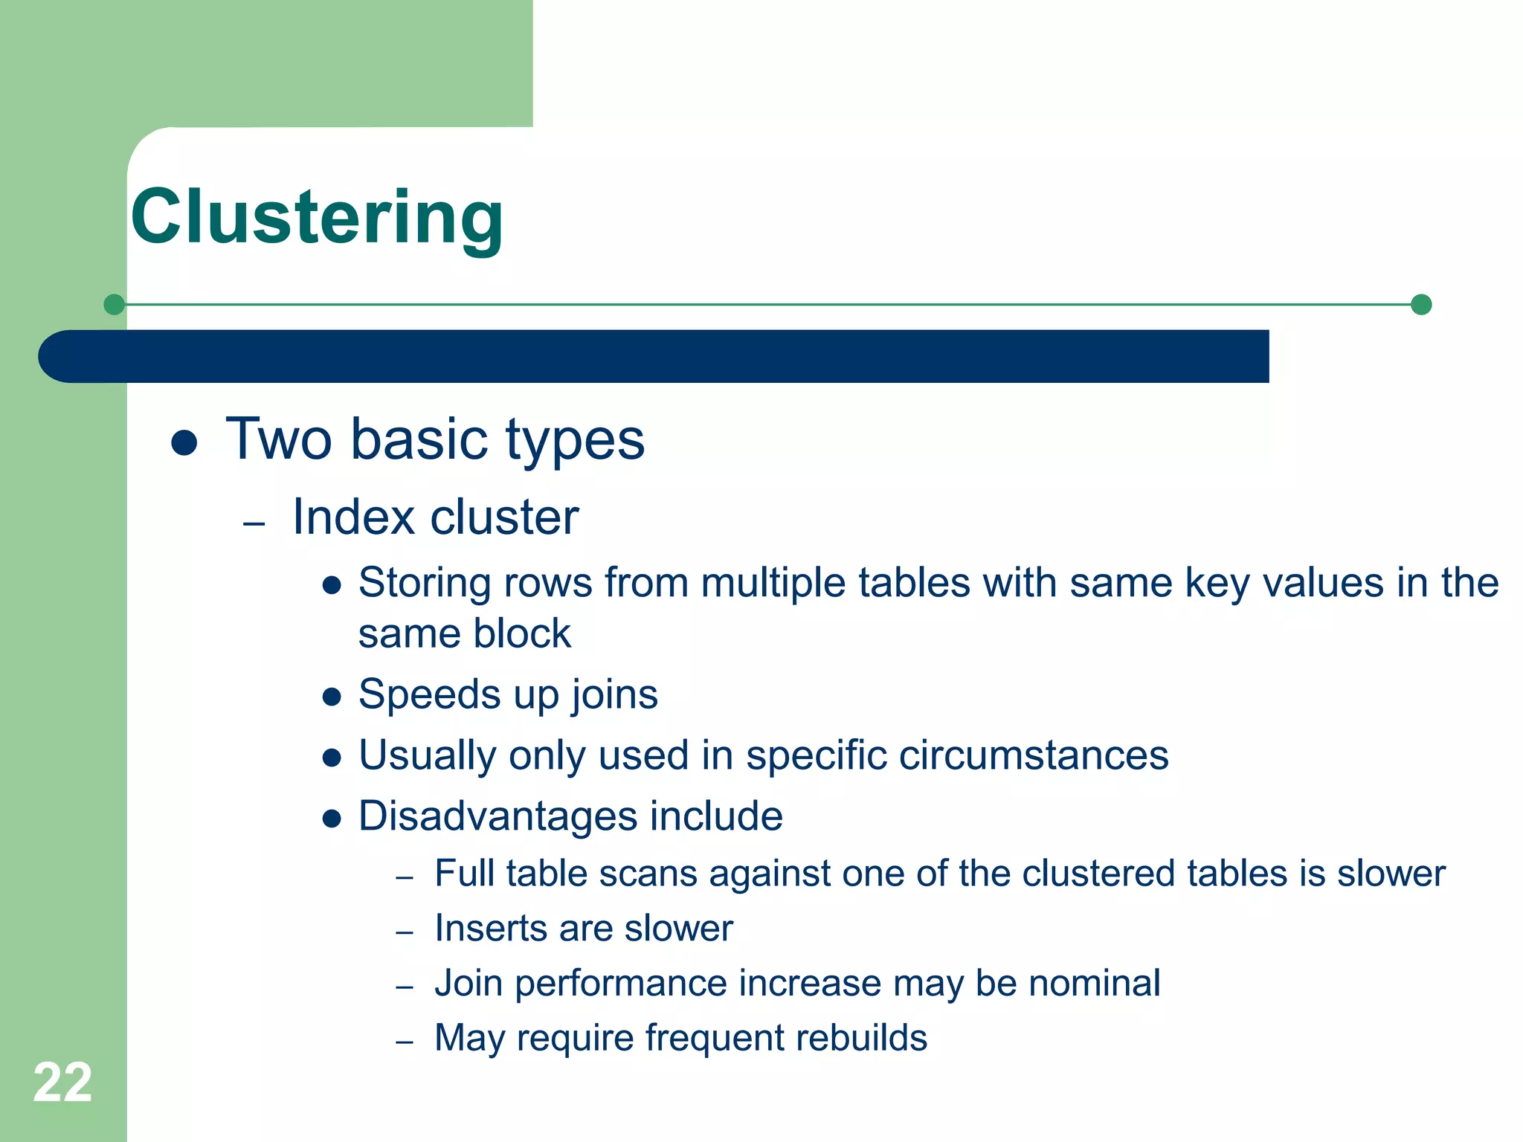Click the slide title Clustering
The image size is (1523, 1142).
pyautogui.click(x=317, y=217)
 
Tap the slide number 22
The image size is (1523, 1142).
pyautogui.click(x=62, y=1083)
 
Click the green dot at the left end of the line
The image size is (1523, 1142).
pyautogui.click(x=114, y=304)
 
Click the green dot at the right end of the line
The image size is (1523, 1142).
pyautogui.click(x=1421, y=304)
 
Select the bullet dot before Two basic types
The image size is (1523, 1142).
pyautogui.click(x=184, y=443)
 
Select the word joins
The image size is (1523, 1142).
pyautogui.click(x=614, y=695)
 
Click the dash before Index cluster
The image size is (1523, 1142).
pyautogui.click(x=254, y=524)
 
